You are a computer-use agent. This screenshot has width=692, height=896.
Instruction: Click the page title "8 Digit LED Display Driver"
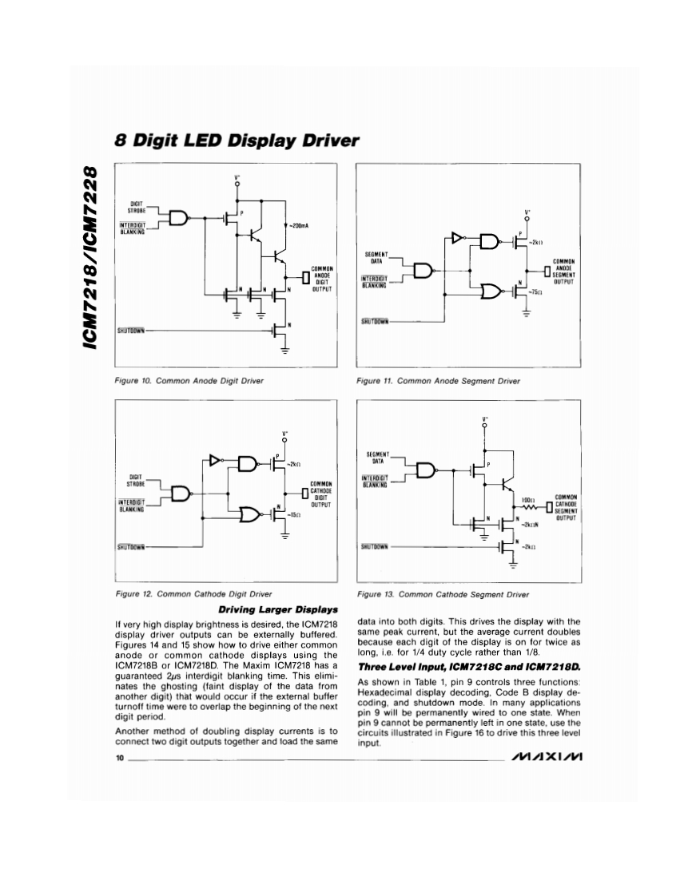[x=236, y=141]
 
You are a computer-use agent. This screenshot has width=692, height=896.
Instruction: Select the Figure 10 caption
[x=189, y=381]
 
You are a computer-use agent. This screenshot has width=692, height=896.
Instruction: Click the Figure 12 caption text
[x=193, y=594]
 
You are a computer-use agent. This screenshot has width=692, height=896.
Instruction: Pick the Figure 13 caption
[x=443, y=594]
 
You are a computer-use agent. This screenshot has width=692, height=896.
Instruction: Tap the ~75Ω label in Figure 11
[x=534, y=293]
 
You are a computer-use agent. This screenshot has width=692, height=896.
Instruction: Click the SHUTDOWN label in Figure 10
[x=130, y=329]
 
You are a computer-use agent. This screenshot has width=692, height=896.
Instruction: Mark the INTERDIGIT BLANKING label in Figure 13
[x=374, y=482]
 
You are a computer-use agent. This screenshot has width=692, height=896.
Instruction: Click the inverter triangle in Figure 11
[x=456, y=237]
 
